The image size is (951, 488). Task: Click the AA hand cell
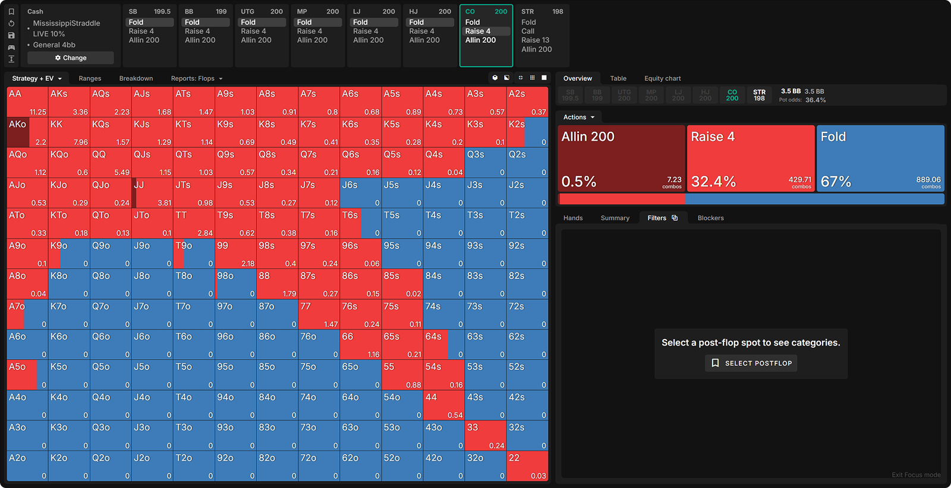(x=27, y=102)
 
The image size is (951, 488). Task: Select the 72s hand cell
(x=527, y=314)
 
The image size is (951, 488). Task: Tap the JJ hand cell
(x=152, y=193)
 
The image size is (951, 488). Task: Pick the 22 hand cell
(x=527, y=466)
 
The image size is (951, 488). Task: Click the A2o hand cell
(x=27, y=466)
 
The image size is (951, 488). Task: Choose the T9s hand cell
(x=235, y=223)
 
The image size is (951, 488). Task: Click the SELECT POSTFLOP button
(x=751, y=363)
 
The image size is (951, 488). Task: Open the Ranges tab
(x=90, y=78)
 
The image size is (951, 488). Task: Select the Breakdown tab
(x=136, y=78)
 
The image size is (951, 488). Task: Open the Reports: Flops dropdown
(x=197, y=78)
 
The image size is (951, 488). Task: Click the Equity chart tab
(x=662, y=78)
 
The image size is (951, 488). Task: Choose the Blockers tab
(x=710, y=218)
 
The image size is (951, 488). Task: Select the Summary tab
(x=615, y=218)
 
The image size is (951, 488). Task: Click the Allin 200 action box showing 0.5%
(x=621, y=158)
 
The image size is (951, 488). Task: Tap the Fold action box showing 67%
(x=880, y=158)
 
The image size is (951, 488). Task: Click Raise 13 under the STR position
(x=535, y=40)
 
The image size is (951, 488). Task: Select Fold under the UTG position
(x=248, y=23)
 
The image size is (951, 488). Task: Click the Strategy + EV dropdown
(x=37, y=78)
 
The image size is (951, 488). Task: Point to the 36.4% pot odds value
(x=815, y=100)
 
